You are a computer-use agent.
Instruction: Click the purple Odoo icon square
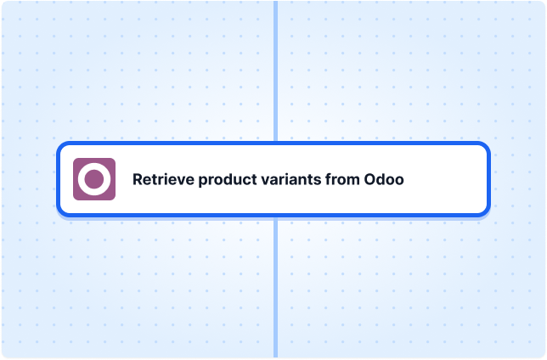click(94, 179)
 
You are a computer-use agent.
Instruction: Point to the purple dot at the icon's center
click(94, 179)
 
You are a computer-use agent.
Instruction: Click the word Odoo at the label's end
click(384, 180)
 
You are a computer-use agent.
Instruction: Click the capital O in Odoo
click(370, 180)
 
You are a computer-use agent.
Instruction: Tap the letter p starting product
click(203, 183)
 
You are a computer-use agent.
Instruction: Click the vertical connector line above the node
click(275, 70)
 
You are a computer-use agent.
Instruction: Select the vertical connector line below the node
click(275, 287)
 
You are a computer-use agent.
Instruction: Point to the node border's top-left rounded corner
click(61, 147)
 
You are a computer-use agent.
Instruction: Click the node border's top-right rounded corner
click(486, 147)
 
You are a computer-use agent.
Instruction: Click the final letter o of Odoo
click(399, 182)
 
